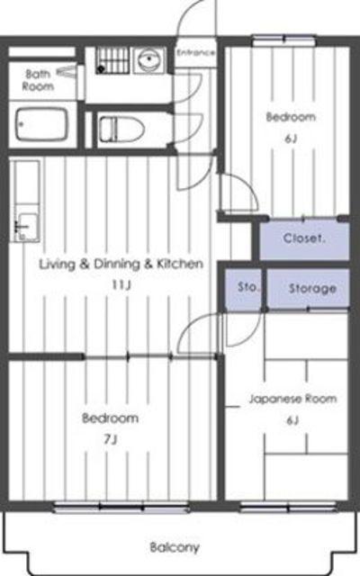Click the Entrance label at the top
[x=195, y=52]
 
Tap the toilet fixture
[x=121, y=129]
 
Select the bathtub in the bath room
[x=41, y=124]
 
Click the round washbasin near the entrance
[x=149, y=59]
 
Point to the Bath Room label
[x=38, y=80]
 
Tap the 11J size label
[x=121, y=284]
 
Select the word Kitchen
[x=180, y=264]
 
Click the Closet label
[x=304, y=238]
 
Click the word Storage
[x=312, y=288]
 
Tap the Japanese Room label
[x=292, y=399]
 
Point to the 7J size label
[x=111, y=439]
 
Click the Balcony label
[x=175, y=547]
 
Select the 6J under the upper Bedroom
[x=291, y=139]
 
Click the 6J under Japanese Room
[x=292, y=420]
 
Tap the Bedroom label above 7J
[x=110, y=418]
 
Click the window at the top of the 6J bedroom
[x=283, y=40]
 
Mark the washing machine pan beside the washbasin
[x=112, y=60]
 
